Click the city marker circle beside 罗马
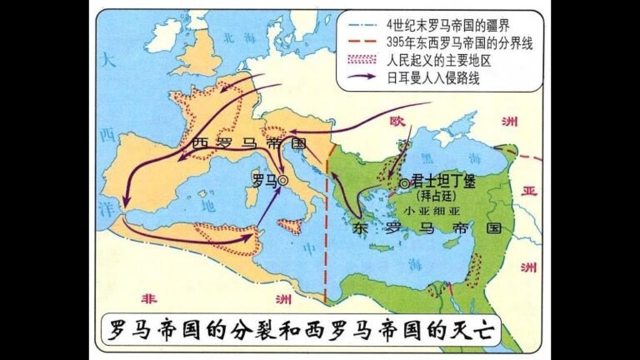point(284,179)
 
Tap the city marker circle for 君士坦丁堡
point(403,183)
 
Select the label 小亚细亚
point(435,211)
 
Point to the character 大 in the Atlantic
point(107,60)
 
